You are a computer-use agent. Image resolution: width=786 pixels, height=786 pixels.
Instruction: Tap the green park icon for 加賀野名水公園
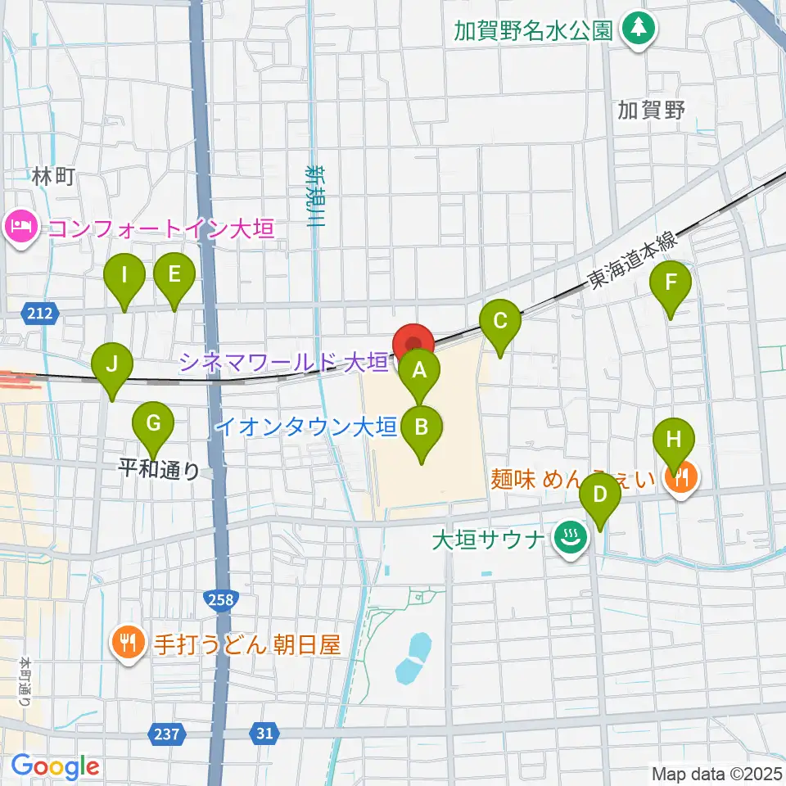coord(637,30)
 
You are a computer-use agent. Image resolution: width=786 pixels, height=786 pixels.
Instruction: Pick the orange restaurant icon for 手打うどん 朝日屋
coord(127,641)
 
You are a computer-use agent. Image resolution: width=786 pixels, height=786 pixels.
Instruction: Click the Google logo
coord(55,766)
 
